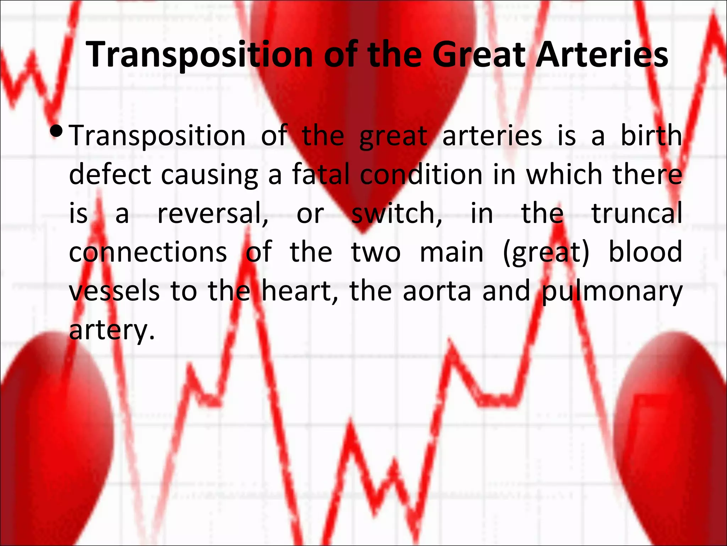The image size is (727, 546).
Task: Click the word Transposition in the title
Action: [199, 55]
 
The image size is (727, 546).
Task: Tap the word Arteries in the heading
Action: [602, 55]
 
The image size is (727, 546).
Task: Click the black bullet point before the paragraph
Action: [57, 132]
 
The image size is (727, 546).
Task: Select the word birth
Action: [651, 136]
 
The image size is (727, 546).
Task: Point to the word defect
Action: [110, 175]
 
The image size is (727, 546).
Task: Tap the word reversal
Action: [213, 213]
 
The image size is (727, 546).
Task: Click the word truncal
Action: [637, 213]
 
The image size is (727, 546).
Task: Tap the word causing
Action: [209, 175]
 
